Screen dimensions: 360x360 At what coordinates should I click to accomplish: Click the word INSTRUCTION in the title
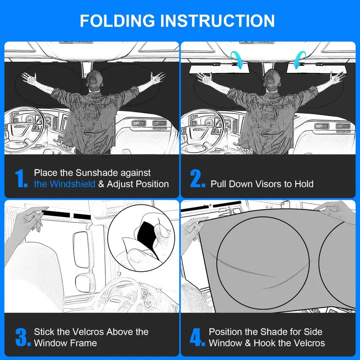[x=217, y=21]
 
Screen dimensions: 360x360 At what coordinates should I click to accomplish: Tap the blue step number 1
[x=21, y=179]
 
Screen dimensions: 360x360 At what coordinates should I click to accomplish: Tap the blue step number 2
[x=198, y=179]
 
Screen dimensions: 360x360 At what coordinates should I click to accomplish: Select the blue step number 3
[x=22, y=337]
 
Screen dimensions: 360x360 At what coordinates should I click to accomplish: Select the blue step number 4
[x=197, y=337]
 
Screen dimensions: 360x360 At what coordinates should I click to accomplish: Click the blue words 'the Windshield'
[x=64, y=184]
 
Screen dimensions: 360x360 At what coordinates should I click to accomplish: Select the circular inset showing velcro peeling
[x=142, y=238]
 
